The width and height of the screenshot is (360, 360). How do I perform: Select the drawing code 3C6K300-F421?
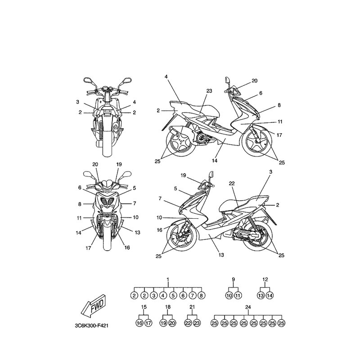[x=91, y=326]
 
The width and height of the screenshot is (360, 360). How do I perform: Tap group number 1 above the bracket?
[x=167, y=279]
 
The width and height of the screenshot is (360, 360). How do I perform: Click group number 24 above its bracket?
[x=248, y=307]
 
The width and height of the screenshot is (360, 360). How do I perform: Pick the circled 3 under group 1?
[x=153, y=296]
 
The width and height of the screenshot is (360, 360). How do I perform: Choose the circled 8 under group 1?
[x=201, y=296]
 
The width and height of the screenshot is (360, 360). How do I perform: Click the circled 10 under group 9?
[x=229, y=296]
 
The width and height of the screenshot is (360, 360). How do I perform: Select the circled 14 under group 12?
[x=270, y=296]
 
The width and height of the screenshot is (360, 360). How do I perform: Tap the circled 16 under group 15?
[x=139, y=323]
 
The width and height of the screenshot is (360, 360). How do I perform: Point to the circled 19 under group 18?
[x=163, y=323]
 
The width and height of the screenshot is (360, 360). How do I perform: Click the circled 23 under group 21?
[x=197, y=323]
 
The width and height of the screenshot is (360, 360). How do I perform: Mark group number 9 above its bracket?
[x=233, y=279]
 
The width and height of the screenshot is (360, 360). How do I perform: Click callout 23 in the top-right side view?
[x=209, y=91]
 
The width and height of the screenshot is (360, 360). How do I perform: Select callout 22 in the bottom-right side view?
[x=232, y=183]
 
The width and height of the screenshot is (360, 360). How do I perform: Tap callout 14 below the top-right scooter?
[x=215, y=161]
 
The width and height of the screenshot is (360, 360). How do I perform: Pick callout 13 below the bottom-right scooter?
[x=221, y=255]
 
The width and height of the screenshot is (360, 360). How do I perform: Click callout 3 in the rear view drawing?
[x=77, y=102]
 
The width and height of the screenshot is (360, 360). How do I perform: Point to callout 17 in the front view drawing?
[x=88, y=248]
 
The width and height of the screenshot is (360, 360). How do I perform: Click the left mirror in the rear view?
[x=87, y=80]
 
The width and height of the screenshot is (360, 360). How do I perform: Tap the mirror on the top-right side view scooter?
[x=228, y=80]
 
